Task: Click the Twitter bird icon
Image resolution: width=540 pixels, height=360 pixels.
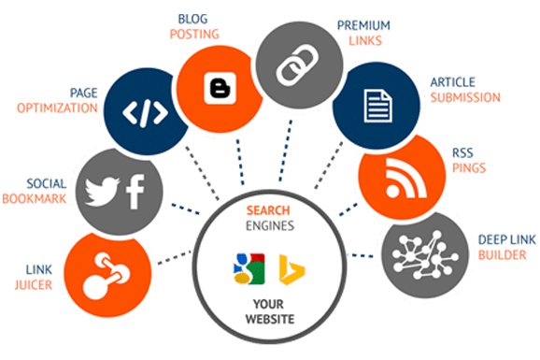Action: [102, 192]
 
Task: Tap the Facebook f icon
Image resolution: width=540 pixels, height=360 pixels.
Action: [135, 192]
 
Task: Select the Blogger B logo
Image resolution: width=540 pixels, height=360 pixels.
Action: [220, 88]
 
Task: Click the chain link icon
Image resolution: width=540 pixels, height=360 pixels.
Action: [297, 65]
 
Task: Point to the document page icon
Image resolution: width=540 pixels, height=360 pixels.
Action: [377, 106]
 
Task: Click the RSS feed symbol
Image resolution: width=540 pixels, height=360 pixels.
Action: [405, 178]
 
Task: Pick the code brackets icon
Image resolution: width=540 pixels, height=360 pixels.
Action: [145, 113]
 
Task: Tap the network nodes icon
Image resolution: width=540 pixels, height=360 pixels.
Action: [425, 255]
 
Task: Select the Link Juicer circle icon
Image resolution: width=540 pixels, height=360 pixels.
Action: [107, 276]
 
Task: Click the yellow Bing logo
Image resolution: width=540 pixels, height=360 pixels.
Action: [291, 270]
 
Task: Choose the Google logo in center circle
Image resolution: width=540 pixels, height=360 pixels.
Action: [249, 269]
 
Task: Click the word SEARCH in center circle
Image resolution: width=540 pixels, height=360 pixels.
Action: [268, 210]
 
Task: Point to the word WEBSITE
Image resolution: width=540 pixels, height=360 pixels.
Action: [270, 319]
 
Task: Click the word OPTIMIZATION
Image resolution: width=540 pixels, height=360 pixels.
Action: [58, 108]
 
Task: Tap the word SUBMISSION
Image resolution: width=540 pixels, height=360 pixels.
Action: [465, 97]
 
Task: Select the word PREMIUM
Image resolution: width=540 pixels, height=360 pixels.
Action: [363, 25]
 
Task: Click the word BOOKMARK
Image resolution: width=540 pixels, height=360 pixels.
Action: [35, 199]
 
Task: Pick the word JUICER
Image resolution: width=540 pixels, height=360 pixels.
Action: [34, 285]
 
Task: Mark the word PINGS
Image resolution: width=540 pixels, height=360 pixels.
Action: [469, 168]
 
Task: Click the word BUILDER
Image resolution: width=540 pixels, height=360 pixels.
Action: [503, 255]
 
